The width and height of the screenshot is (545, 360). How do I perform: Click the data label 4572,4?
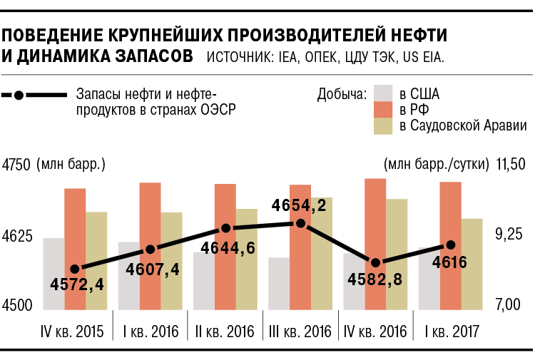point(77,285)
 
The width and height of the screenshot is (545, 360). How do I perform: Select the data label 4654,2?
point(300,207)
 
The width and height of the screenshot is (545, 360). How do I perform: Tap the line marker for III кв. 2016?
point(301,224)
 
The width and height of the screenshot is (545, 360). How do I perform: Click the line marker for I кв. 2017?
point(450,246)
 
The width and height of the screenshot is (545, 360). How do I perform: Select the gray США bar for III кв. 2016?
point(279,284)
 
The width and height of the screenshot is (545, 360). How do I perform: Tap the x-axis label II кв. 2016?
point(225,332)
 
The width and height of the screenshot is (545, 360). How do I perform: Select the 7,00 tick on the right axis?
point(510,305)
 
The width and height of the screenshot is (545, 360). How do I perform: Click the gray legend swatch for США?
point(384,93)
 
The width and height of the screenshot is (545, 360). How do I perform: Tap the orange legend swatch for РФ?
point(384,109)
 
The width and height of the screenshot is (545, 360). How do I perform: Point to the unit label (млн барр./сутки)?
point(436,165)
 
